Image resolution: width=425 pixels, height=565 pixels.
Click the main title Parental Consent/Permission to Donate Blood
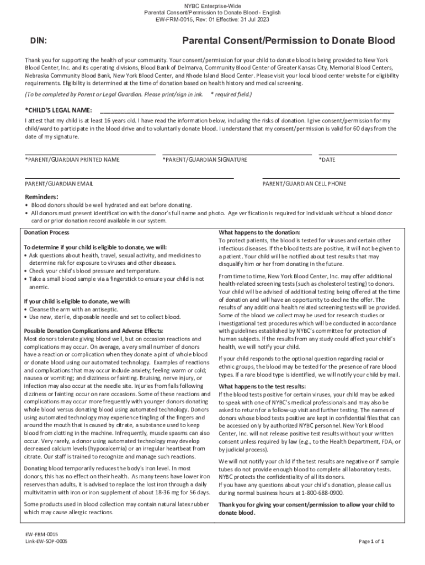click(x=289, y=41)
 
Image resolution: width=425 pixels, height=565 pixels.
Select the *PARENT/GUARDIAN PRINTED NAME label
click(x=72, y=159)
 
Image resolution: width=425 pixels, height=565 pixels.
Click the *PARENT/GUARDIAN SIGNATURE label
click(x=205, y=159)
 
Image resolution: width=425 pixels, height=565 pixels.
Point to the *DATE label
click(x=327, y=159)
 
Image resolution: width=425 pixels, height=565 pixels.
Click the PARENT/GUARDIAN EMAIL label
click(x=59, y=183)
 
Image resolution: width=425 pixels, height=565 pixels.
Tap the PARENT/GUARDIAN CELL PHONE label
click(x=304, y=183)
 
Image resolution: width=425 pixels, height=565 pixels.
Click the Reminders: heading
click(x=42, y=197)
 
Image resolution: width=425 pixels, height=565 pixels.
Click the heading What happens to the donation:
click(x=259, y=232)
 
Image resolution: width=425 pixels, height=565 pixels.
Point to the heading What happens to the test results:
click(x=262, y=387)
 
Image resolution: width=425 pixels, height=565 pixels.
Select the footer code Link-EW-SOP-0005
click(x=46, y=542)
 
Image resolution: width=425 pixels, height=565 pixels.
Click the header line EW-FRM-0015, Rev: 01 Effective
click(x=212, y=19)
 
